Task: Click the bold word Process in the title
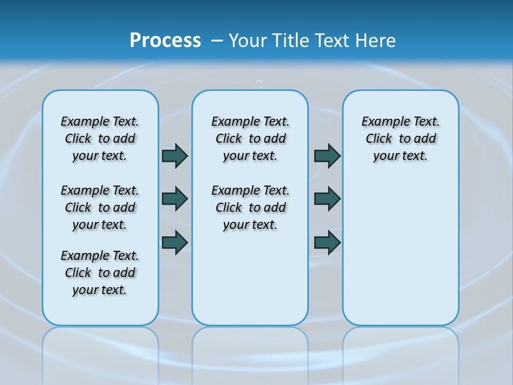click(x=165, y=41)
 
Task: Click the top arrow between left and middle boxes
click(x=175, y=156)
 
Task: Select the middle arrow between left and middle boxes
click(x=175, y=199)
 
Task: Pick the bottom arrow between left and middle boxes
click(x=175, y=242)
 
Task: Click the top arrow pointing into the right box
click(x=328, y=156)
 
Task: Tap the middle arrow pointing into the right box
click(x=328, y=199)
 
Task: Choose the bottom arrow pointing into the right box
click(x=328, y=242)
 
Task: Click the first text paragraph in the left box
click(x=100, y=138)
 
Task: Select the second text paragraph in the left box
click(x=100, y=207)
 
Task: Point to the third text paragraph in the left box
click(x=100, y=273)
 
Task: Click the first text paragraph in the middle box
click(x=250, y=138)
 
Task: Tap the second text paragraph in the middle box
click(x=250, y=207)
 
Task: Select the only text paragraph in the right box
click(x=401, y=138)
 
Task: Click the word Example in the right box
click(x=381, y=122)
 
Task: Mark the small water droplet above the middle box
click(x=260, y=82)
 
